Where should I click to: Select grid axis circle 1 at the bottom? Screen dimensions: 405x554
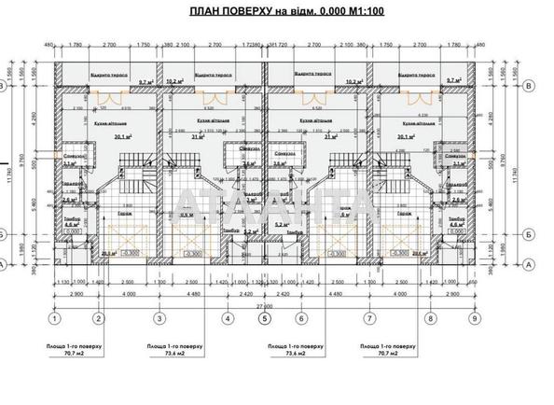(55, 318)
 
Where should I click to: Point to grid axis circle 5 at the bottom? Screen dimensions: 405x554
(266, 318)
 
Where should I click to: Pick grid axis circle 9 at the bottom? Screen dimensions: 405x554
(477, 318)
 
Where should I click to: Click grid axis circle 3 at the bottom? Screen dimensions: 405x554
(159, 318)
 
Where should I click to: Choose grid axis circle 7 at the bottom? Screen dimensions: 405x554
(370, 318)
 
